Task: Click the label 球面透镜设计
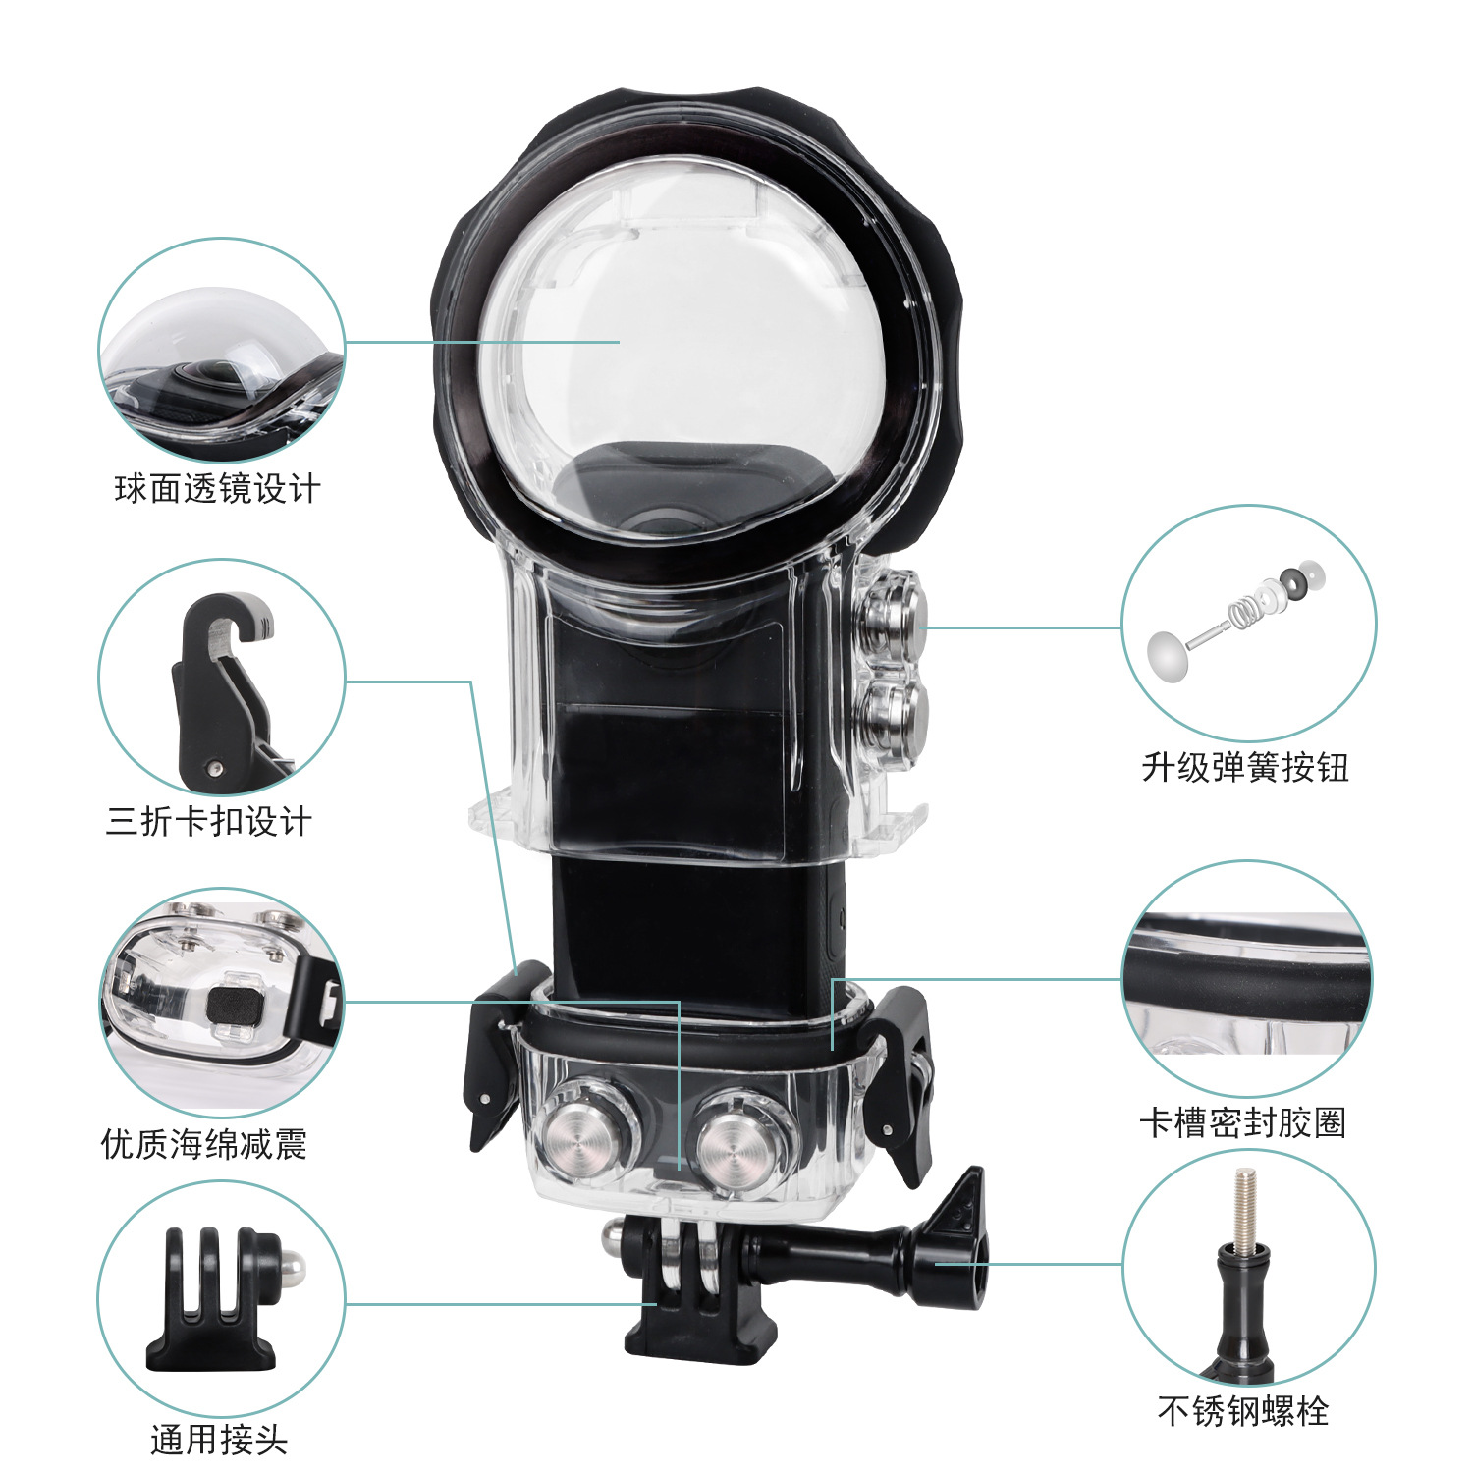pos(217,488)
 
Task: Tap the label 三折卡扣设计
pos(208,821)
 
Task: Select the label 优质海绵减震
pos(204,1143)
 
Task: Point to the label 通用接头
pos(219,1440)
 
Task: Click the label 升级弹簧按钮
pos(1245,767)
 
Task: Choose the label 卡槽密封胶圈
pos(1242,1121)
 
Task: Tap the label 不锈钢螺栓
pos(1243,1411)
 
